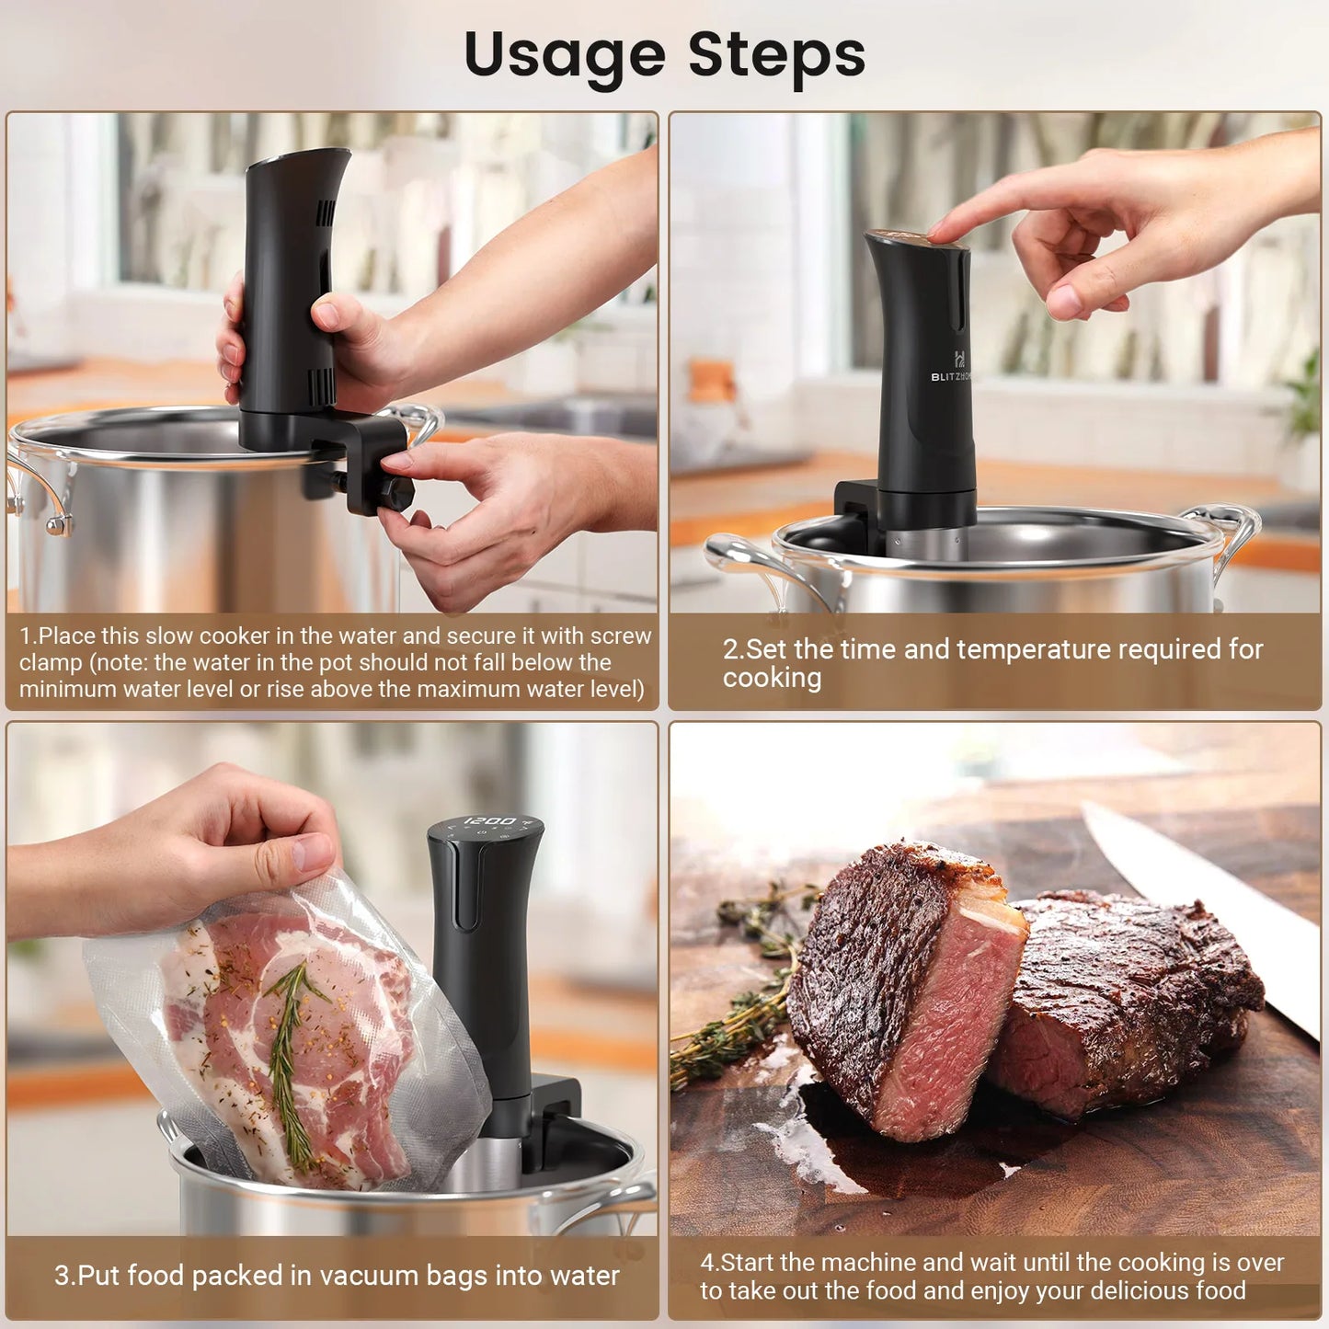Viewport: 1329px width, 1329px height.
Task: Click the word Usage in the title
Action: click(x=564, y=55)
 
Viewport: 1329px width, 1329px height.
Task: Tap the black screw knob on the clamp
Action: click(x=396, y=492)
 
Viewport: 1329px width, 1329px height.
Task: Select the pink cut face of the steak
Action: click(x=947, y=1021)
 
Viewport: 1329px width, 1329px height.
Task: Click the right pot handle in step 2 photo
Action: click(x=1228, y=533)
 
